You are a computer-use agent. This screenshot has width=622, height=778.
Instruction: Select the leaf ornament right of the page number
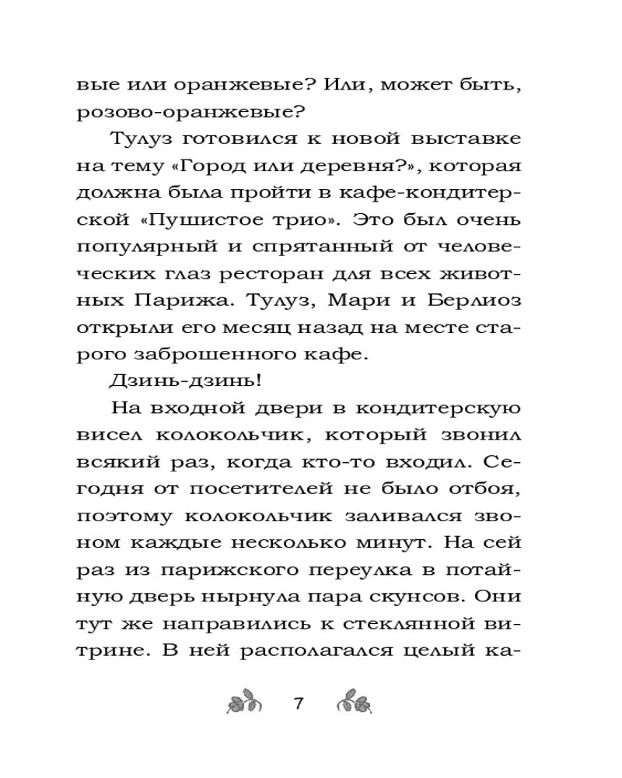356,703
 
